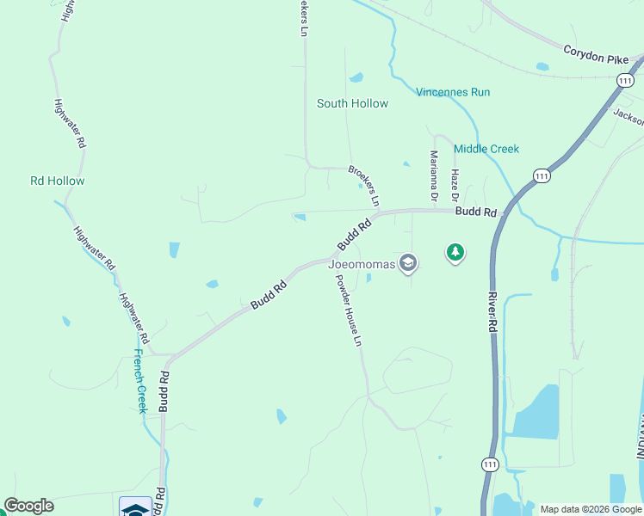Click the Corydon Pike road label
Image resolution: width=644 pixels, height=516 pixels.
(596, 52)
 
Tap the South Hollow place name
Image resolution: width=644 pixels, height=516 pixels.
(352, 103)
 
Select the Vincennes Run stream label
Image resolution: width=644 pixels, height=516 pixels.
(453, 92)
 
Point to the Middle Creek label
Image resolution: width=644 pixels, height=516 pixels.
(486, 149)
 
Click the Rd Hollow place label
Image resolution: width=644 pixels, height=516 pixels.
(58, 181)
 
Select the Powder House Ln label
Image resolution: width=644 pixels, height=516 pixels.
(348, 310)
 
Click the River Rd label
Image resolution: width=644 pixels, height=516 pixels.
(492, 313)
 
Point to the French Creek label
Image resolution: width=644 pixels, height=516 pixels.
(140, 382)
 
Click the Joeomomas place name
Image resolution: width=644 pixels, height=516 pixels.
(362, 264)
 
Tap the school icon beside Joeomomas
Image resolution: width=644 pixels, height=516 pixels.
(408, 263)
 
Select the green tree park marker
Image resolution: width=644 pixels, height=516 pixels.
(455, 253)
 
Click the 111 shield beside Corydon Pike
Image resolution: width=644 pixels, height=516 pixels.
(625, 79)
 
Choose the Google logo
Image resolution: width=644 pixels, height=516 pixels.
(28, 506)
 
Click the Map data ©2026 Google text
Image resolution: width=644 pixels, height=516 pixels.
(591, 509)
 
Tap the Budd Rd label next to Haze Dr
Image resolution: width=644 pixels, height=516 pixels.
(477, 212)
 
